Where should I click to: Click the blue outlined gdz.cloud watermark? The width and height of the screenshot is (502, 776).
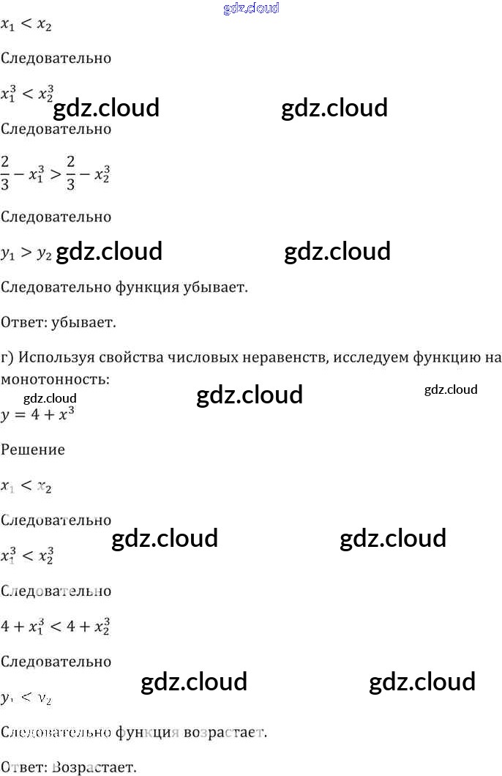point(251,8)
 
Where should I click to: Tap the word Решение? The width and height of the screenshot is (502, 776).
point(33,449)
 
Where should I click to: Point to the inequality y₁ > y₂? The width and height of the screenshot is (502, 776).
point(26,253)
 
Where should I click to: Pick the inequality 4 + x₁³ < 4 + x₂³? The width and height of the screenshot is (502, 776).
point(56,627)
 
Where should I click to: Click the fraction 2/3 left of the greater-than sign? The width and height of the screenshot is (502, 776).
point(5,174)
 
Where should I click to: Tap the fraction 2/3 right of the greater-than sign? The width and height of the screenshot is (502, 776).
point(71,174)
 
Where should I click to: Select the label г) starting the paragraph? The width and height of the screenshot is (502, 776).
point(8,357)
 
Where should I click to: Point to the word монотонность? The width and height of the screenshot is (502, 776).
point(55,380)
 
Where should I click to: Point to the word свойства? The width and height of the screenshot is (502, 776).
point(137,357)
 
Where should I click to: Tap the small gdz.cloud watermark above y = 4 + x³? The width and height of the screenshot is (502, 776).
point(50,398)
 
